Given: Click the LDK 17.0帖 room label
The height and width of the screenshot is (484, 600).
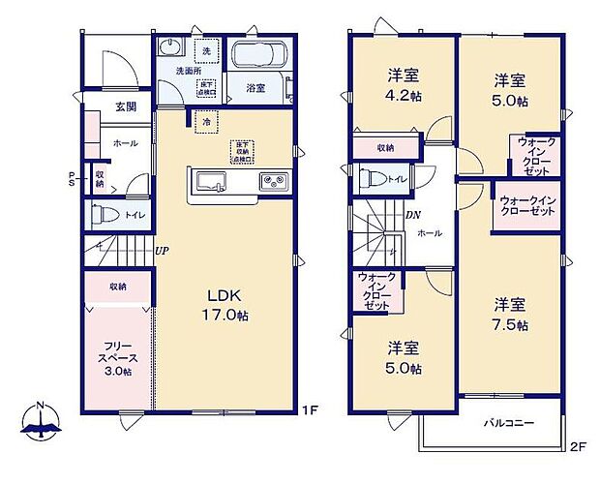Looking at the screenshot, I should pyautogui.click(x=228, y=304).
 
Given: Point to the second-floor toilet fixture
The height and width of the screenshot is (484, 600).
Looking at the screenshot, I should pyautogui.click(x=371, y=178).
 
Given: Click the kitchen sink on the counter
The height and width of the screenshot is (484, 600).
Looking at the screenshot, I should pyautogui.click(x=209, y=180).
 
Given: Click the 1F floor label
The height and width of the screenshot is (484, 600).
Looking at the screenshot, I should pyautogui.click(x=309, y=409).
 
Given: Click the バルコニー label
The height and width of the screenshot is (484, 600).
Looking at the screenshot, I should pyautogui.click(x=508, y=423).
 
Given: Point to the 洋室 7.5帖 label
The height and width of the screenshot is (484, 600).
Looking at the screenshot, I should pyautogui.click(x=509, y=315).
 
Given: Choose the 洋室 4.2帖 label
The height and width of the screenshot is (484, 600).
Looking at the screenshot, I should pyautogui.click(x=403, y=85).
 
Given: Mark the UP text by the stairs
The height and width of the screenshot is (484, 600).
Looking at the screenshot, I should pyautogui.click(x=163, y=250).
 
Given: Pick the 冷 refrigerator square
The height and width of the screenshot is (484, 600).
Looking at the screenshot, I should pyautogui.click(x=206, y=122).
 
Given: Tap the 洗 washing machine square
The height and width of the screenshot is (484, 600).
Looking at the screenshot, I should pyautogui.click(x=206, y=49).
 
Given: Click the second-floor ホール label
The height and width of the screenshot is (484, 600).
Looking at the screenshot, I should pyautogui.click(x=431, y=233).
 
